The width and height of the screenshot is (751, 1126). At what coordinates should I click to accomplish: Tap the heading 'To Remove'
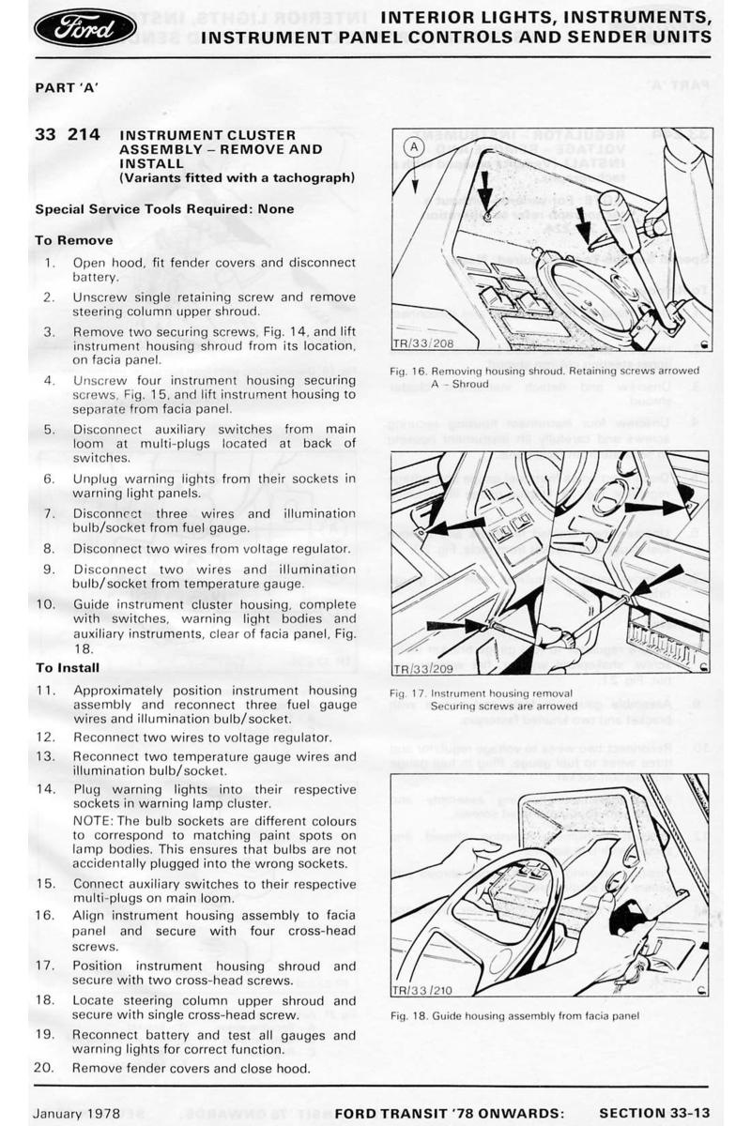pos(73,240)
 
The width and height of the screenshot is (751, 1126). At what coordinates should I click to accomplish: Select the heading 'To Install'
pos(67,668)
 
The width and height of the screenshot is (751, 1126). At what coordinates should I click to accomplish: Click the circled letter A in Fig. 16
pos(413,148)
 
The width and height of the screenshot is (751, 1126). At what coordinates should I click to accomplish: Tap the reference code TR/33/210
pos(422,990)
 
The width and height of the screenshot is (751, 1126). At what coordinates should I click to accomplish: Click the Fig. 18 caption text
pos(514,1015)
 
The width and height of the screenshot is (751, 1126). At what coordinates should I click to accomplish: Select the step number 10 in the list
pos(45,604)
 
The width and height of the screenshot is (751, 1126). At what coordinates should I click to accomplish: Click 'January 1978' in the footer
pos(77,1113)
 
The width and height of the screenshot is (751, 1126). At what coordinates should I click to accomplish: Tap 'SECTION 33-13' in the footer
pos(654,1113)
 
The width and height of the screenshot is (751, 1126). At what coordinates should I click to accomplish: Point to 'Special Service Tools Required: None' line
pos(164,209)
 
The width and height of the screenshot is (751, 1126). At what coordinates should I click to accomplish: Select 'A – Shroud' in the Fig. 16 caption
pos(460,384)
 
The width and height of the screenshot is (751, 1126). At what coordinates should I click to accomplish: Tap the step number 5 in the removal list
pos(49,430)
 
